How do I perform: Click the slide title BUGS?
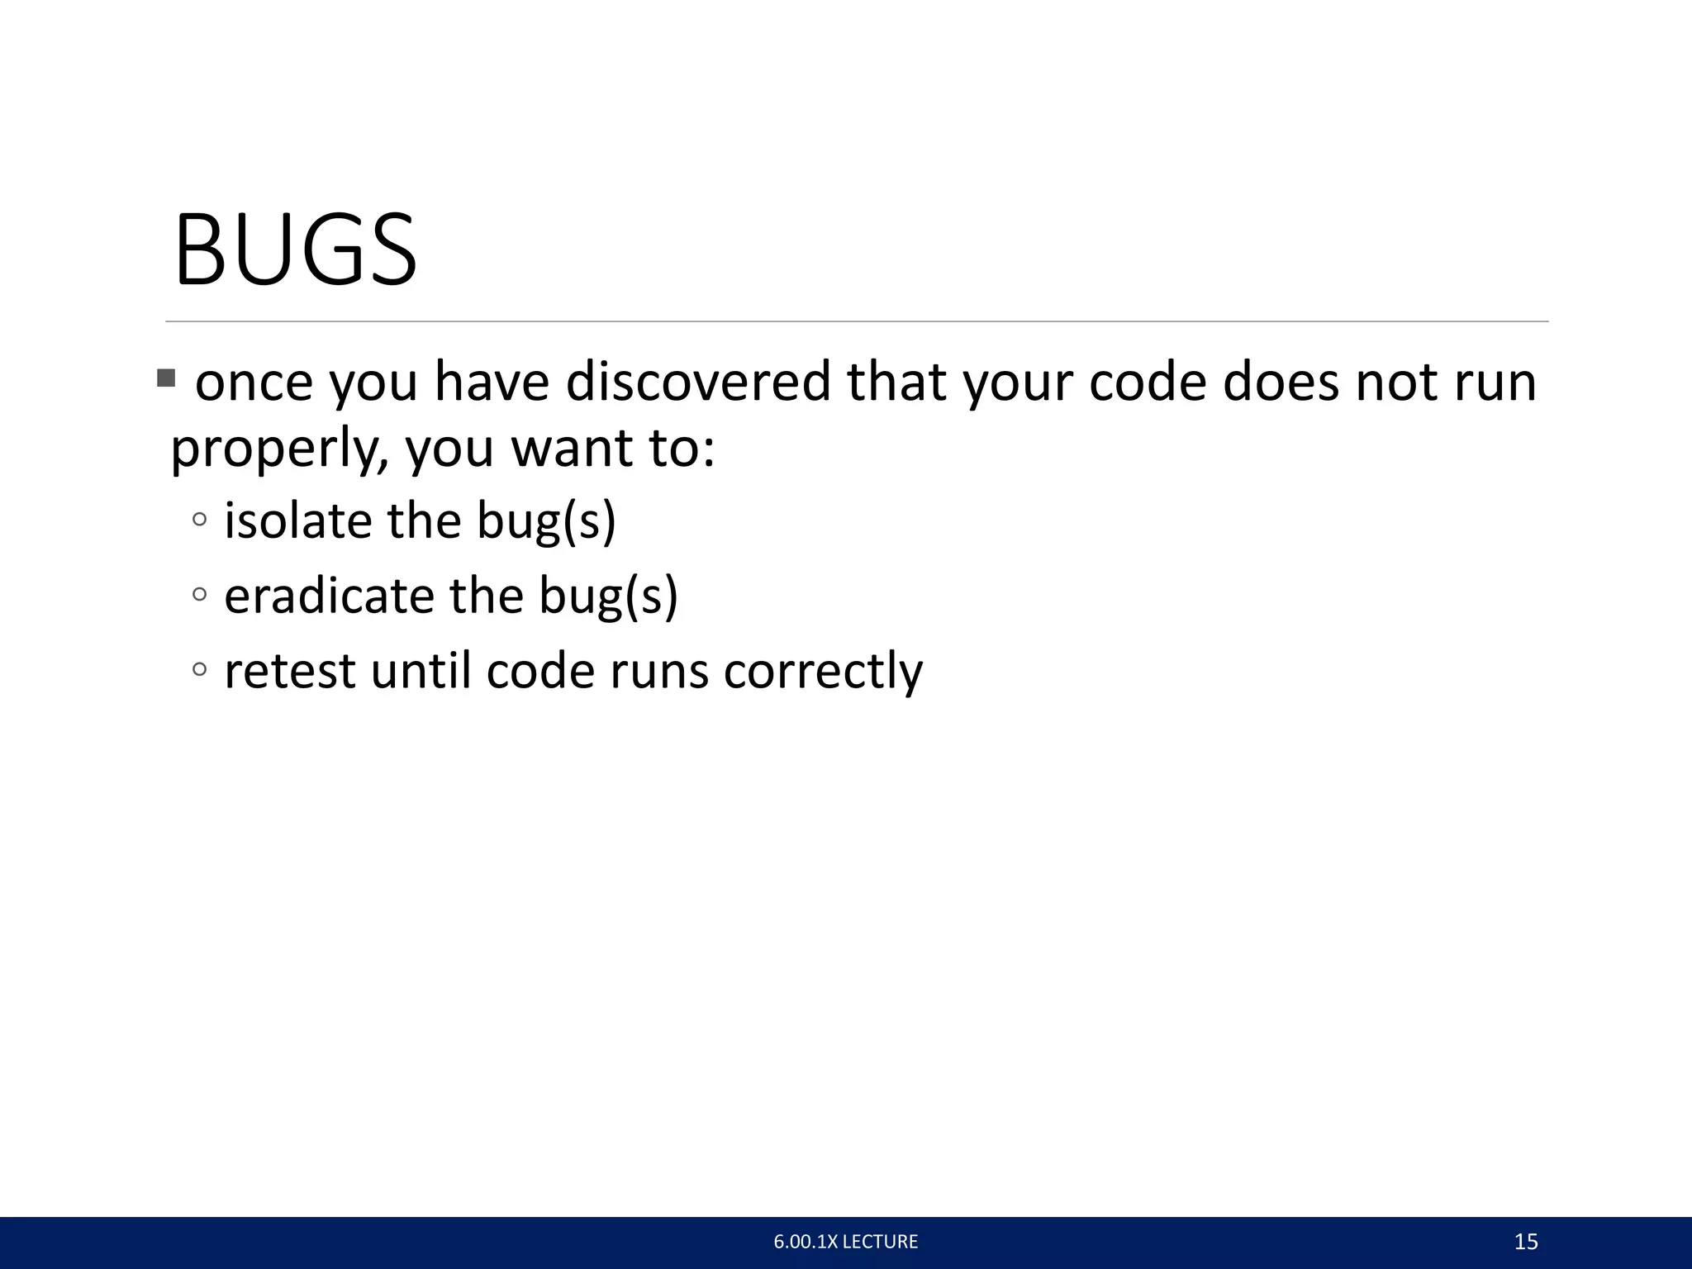click(x=295, y=250)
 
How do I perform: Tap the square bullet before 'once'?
click(x=166, y=379)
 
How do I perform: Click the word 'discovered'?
click(x=697, y=382)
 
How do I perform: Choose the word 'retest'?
click(x=290, y=670)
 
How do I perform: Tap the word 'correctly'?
click(x=823, y=670)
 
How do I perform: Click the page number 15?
click(x=1525, y=1242)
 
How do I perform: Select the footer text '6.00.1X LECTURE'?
click(x=845, y=1242)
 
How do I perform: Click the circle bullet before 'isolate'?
click(x=199, y=520)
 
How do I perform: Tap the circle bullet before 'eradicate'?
click(x=199, y=594)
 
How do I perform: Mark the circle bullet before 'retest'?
click(x=199, y=668)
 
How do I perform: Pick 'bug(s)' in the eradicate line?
click(x=608, y=596)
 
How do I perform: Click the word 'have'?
click(x=492, y=382)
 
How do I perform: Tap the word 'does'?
click(x=1281, y=382)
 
